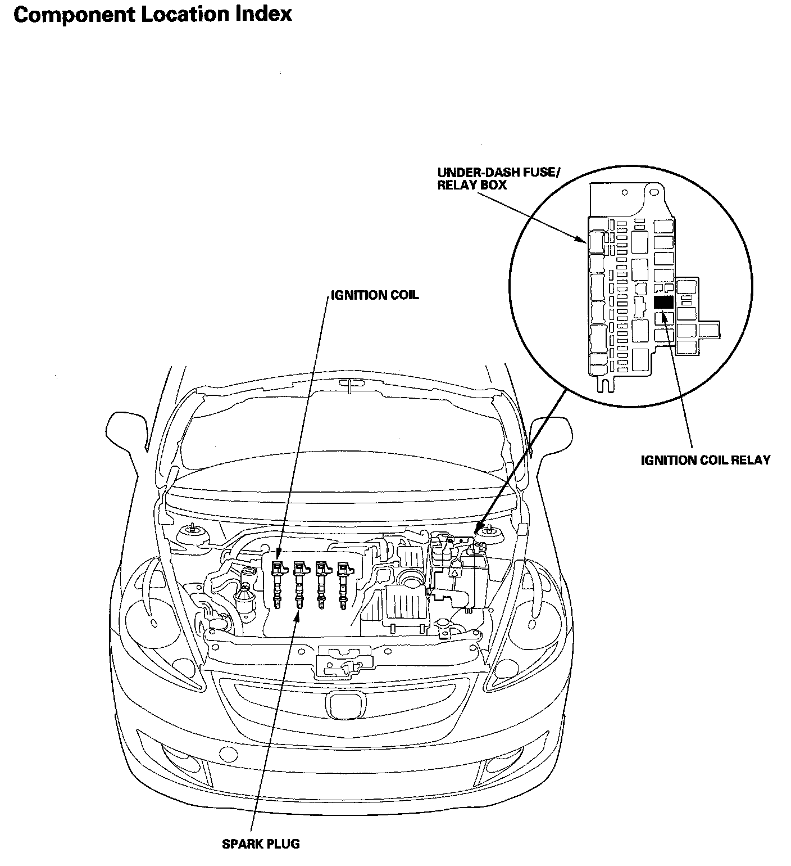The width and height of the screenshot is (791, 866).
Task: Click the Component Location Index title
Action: (152, 15)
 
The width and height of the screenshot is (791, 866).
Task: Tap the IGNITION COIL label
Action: (375, 295)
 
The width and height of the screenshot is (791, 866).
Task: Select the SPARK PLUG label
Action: (261, 844)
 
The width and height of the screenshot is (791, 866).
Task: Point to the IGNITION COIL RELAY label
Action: (706, 460)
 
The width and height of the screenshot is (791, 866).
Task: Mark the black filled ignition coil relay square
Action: (663, 301)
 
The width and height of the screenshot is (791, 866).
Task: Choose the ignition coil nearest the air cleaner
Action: (343, 585)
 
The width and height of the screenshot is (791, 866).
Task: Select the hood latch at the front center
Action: (344, 661)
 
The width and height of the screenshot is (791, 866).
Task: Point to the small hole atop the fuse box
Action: (625, 192)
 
